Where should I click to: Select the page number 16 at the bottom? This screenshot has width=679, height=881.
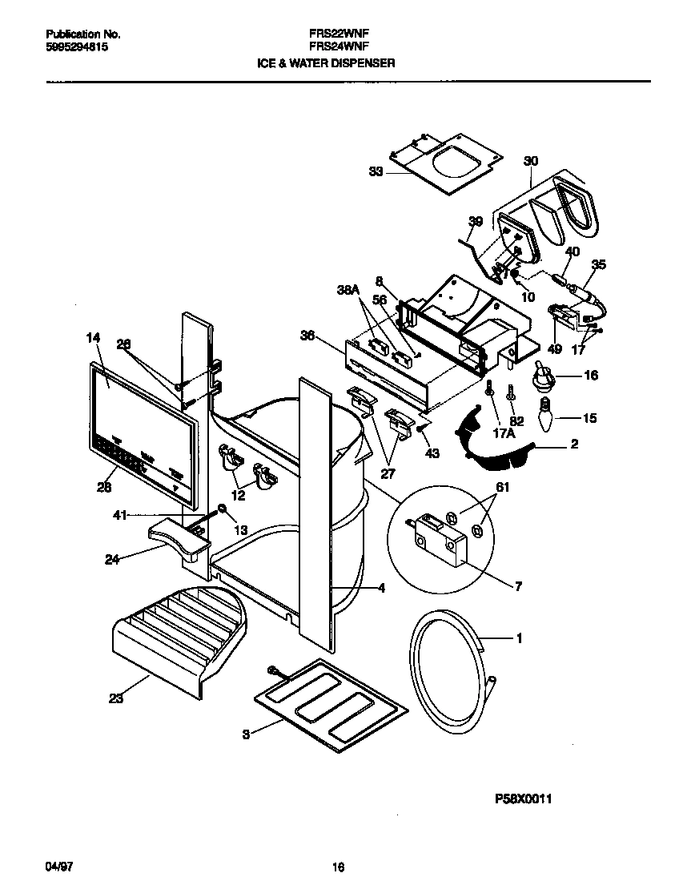click(338, 867)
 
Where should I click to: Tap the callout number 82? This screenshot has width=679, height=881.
click(518, 421)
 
